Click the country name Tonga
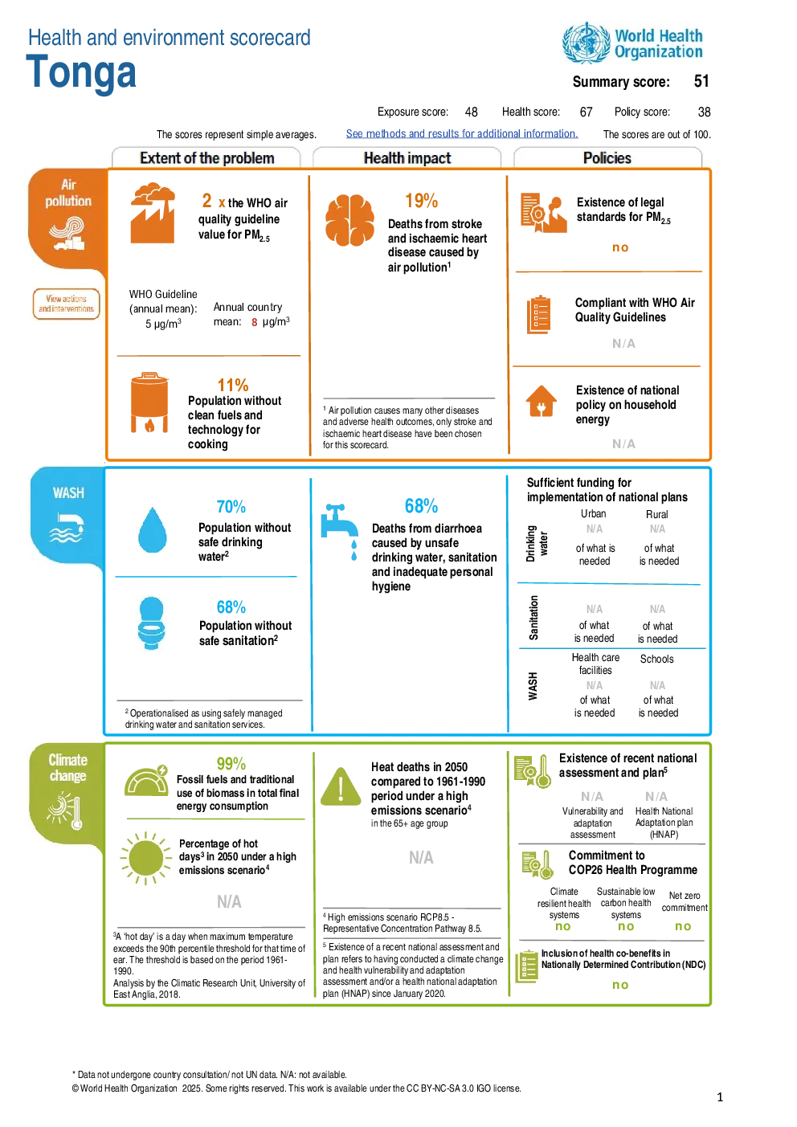coord(81,73)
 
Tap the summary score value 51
coord(701,81)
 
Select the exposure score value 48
coord(472,112)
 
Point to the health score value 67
coord(587,112)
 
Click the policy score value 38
coord(704,112)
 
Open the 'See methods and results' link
coord(462,134)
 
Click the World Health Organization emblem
coord(587,43)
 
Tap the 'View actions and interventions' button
coord(67,304)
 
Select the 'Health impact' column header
coord(407,158)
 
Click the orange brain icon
coord(349,220)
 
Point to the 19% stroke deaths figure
coord(422,201)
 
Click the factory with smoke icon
coord(153,213)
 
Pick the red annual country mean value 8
coord(255,322)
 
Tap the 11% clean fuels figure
coord(233,386)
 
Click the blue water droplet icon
coord(153,530)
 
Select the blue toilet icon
coord(152,623)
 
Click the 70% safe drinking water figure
coord(231,507)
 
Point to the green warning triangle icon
coord(341,786)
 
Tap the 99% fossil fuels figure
coord(231,764)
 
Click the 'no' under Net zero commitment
coord(683,926)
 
